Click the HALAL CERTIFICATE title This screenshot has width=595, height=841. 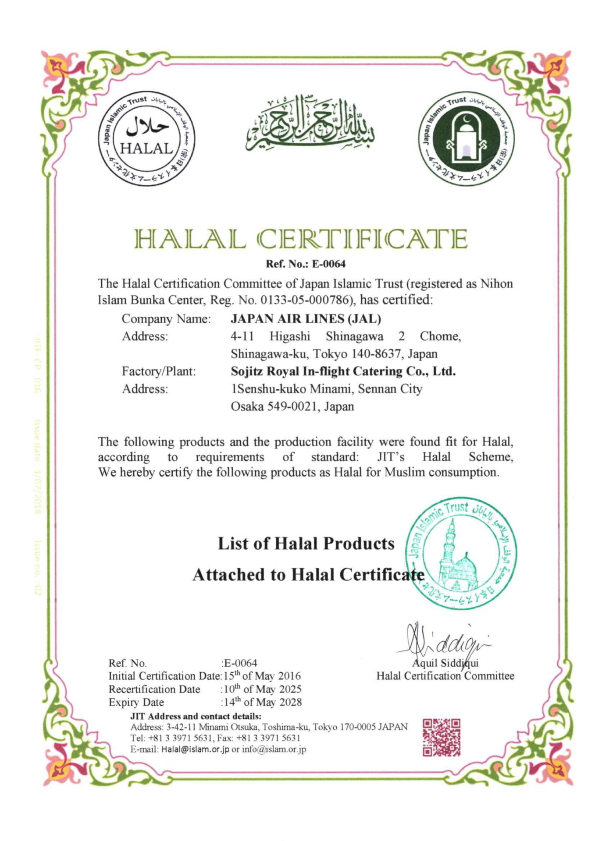click(301, 239)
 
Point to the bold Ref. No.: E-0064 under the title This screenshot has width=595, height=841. click(306, 264)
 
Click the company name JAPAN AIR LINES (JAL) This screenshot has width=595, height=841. click(306, 318)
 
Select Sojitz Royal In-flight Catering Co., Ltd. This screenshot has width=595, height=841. click(343, 371)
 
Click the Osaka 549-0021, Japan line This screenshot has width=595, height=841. click(292, 406)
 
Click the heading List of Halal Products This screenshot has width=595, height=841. click(306, 544)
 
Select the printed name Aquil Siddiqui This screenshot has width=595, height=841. click(445, 663)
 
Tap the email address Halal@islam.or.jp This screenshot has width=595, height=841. click(195, 749)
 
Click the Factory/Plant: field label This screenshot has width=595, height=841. click(159, 371)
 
